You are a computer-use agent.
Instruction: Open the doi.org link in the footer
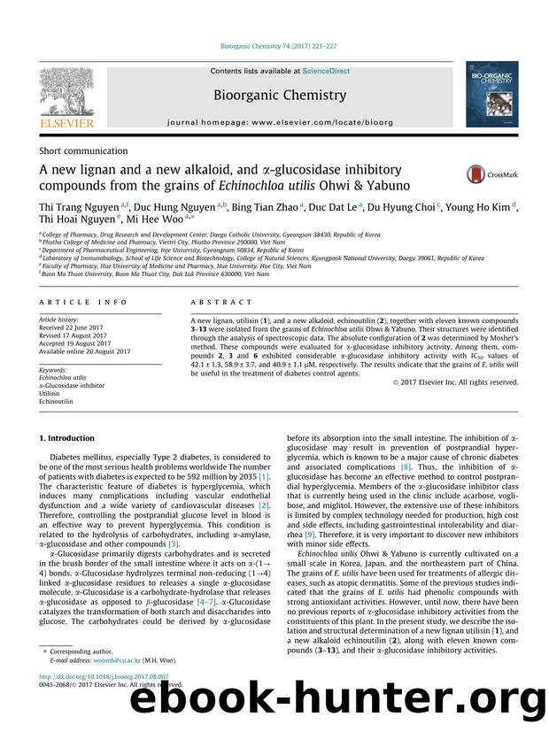(x=91, y=701)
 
